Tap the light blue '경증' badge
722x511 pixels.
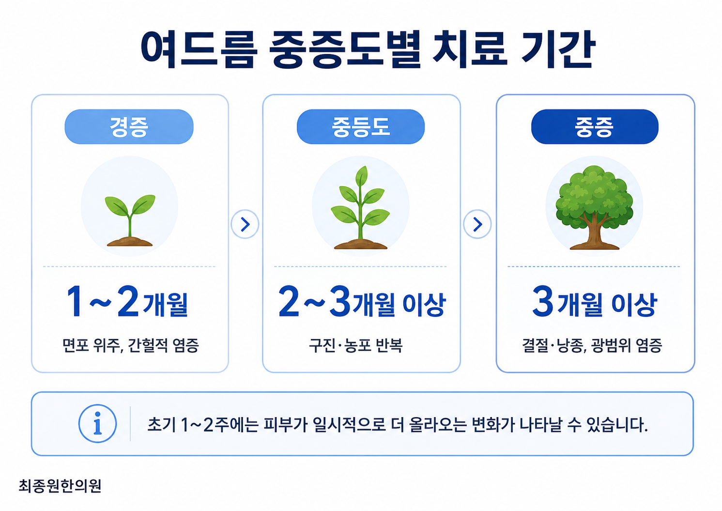tap(129, 126)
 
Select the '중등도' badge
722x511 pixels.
tap(361, 126)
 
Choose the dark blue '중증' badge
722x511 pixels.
tap(595, 126)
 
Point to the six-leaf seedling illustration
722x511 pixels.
tap(361, 208)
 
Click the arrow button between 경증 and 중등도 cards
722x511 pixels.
tap(245, 224)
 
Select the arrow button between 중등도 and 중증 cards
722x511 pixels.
tap(477, 224)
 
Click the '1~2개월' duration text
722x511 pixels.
tap(128, 302)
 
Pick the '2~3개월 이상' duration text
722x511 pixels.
tap(362, 302)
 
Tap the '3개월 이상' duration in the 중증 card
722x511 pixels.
tap(595, 302)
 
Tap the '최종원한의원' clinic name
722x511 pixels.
tap(60, 486)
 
